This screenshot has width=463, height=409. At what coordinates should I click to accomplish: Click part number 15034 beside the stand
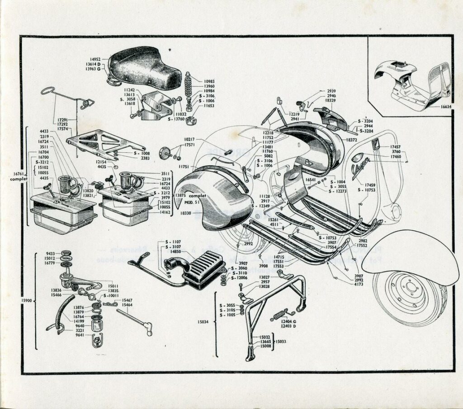pyautogui.click(x=203, y=321)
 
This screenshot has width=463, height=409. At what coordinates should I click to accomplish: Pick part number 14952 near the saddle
pyautogui.click(x=95, y=59)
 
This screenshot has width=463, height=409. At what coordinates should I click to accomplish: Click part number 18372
pyautogui.click(x=352, y=140)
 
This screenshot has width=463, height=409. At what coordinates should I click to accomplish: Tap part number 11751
pyautogui.click(x=184, y=167)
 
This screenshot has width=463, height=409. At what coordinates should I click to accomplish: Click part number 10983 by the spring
pyautogui.click(x=209, y=81)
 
